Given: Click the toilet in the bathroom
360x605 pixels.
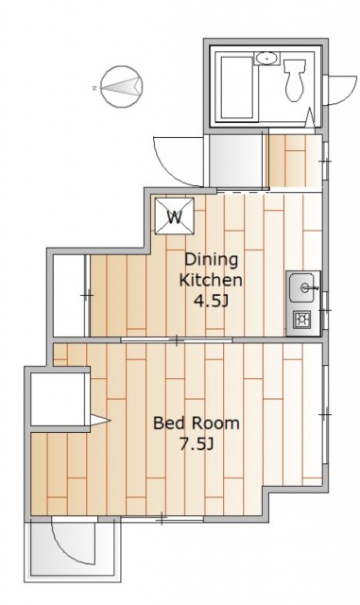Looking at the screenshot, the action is pyautogui.click(x=295, y=79).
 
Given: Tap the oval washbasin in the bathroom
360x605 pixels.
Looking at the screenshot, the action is pyautogui.click(x=266, y=59).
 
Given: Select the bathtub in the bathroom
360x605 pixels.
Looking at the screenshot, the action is pyautogui.click(x=236, y=88).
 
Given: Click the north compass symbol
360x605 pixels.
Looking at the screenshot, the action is pyautogui.click(x=122, y=87).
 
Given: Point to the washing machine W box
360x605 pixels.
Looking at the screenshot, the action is pyautogui.click(x=175, y=216).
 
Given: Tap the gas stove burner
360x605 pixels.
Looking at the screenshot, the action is pyautogui.click(x=302, y=320).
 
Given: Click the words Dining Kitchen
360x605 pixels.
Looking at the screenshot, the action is pyautogui.click(x=211, y=269).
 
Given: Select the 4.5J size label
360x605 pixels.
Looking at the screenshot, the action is pyautogui.click(x=211, y=301).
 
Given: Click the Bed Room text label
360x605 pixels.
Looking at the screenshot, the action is pyautogui.click(x=197, y=423).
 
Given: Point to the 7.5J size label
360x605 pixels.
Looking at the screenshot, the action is pyautogui.click(x=197, y=444).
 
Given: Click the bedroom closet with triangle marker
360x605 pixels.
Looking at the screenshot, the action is pyautogui.click(x=58, y=399).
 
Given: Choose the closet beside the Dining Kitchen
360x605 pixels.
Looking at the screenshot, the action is pyautogui.click(x=69, y=296).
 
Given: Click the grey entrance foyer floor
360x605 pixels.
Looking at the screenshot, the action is pyautogui.click(x=235, y=161).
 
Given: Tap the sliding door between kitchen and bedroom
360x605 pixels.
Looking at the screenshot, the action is pyautogui.click(x=177, y=340).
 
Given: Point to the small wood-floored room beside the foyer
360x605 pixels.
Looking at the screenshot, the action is pyautogui.click(x=295, y=162).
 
